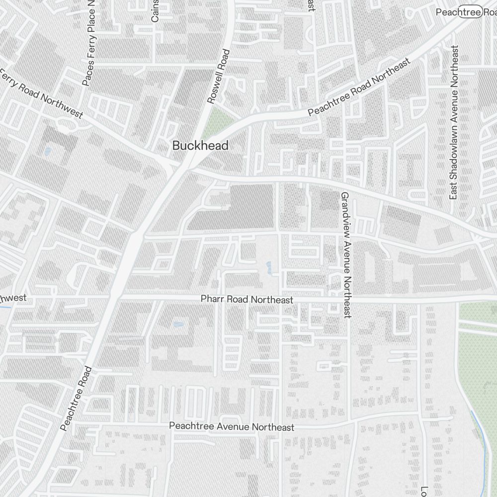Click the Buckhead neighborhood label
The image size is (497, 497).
coord(200,146)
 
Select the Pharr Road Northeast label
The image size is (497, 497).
coord(247,300)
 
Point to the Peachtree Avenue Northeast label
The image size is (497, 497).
coord(232,427)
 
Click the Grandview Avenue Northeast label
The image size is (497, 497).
coord(345,255)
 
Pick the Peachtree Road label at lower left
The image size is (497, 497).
coord(76,398)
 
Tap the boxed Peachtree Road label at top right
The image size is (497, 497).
coord(465,12)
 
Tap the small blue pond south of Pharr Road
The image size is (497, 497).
coord(178,325)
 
